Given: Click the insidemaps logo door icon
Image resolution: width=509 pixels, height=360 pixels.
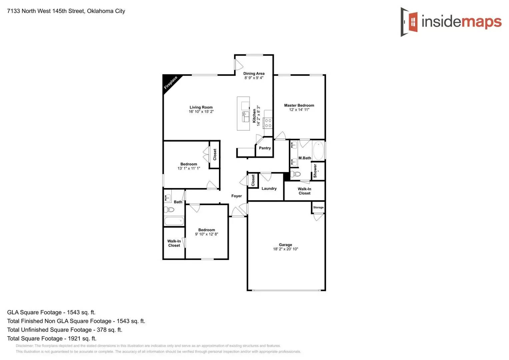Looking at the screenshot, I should [409, 22].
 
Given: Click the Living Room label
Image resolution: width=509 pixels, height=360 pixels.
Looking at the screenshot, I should [201, 107].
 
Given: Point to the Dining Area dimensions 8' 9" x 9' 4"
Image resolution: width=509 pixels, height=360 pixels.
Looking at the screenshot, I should [254, 78].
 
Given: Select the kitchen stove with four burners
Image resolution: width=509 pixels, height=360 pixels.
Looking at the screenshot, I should [268, 123].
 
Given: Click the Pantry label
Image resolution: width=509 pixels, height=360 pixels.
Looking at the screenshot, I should [265, 148].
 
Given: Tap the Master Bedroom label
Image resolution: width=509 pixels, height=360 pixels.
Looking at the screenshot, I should [299, 105].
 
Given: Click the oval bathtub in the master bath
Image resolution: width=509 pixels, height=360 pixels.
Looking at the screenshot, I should [318, 151].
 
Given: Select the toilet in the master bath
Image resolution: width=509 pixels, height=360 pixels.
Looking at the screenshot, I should [296, 174].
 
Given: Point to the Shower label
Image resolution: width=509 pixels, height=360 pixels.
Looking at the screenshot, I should [315, 170].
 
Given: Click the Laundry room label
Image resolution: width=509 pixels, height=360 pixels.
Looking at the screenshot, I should [269, 189].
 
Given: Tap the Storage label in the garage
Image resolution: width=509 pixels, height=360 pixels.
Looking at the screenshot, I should [318, 207].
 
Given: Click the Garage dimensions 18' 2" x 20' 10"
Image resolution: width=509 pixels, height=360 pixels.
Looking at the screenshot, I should [285, 249].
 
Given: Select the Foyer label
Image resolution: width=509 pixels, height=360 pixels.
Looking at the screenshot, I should [237, 196].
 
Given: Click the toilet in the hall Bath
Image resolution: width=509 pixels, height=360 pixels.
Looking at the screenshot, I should [169, 210].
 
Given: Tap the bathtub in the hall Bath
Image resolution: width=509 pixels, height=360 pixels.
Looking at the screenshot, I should [174, 221].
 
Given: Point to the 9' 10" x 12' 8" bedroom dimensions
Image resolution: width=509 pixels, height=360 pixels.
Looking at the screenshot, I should [206, 234].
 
